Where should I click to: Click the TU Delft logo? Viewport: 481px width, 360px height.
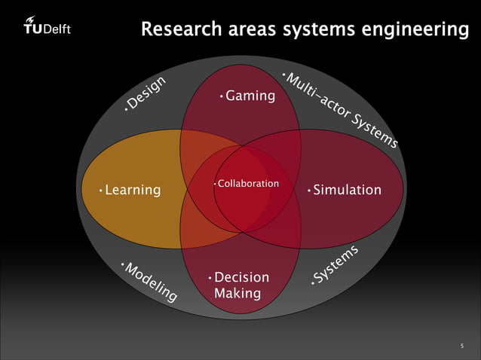pyautogui.click(x=47, y=27)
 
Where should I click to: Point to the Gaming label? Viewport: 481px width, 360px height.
pyautogui.click(x=250, y=96)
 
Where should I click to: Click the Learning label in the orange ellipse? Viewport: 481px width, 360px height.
pyautogui.click(x=133, y=190)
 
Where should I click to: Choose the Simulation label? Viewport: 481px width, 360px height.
pyautogui.click(x=347, y=190)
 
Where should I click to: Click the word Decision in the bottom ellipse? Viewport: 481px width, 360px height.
pyautogui.click(x=241, y=278)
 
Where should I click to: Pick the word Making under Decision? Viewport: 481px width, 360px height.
pyautogui.click(x=237, y=293)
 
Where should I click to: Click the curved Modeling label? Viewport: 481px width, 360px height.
pyautogui.click(x=151, y=282)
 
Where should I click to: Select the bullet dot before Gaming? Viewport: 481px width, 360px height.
pyautogui.click(x=221, y=97)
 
